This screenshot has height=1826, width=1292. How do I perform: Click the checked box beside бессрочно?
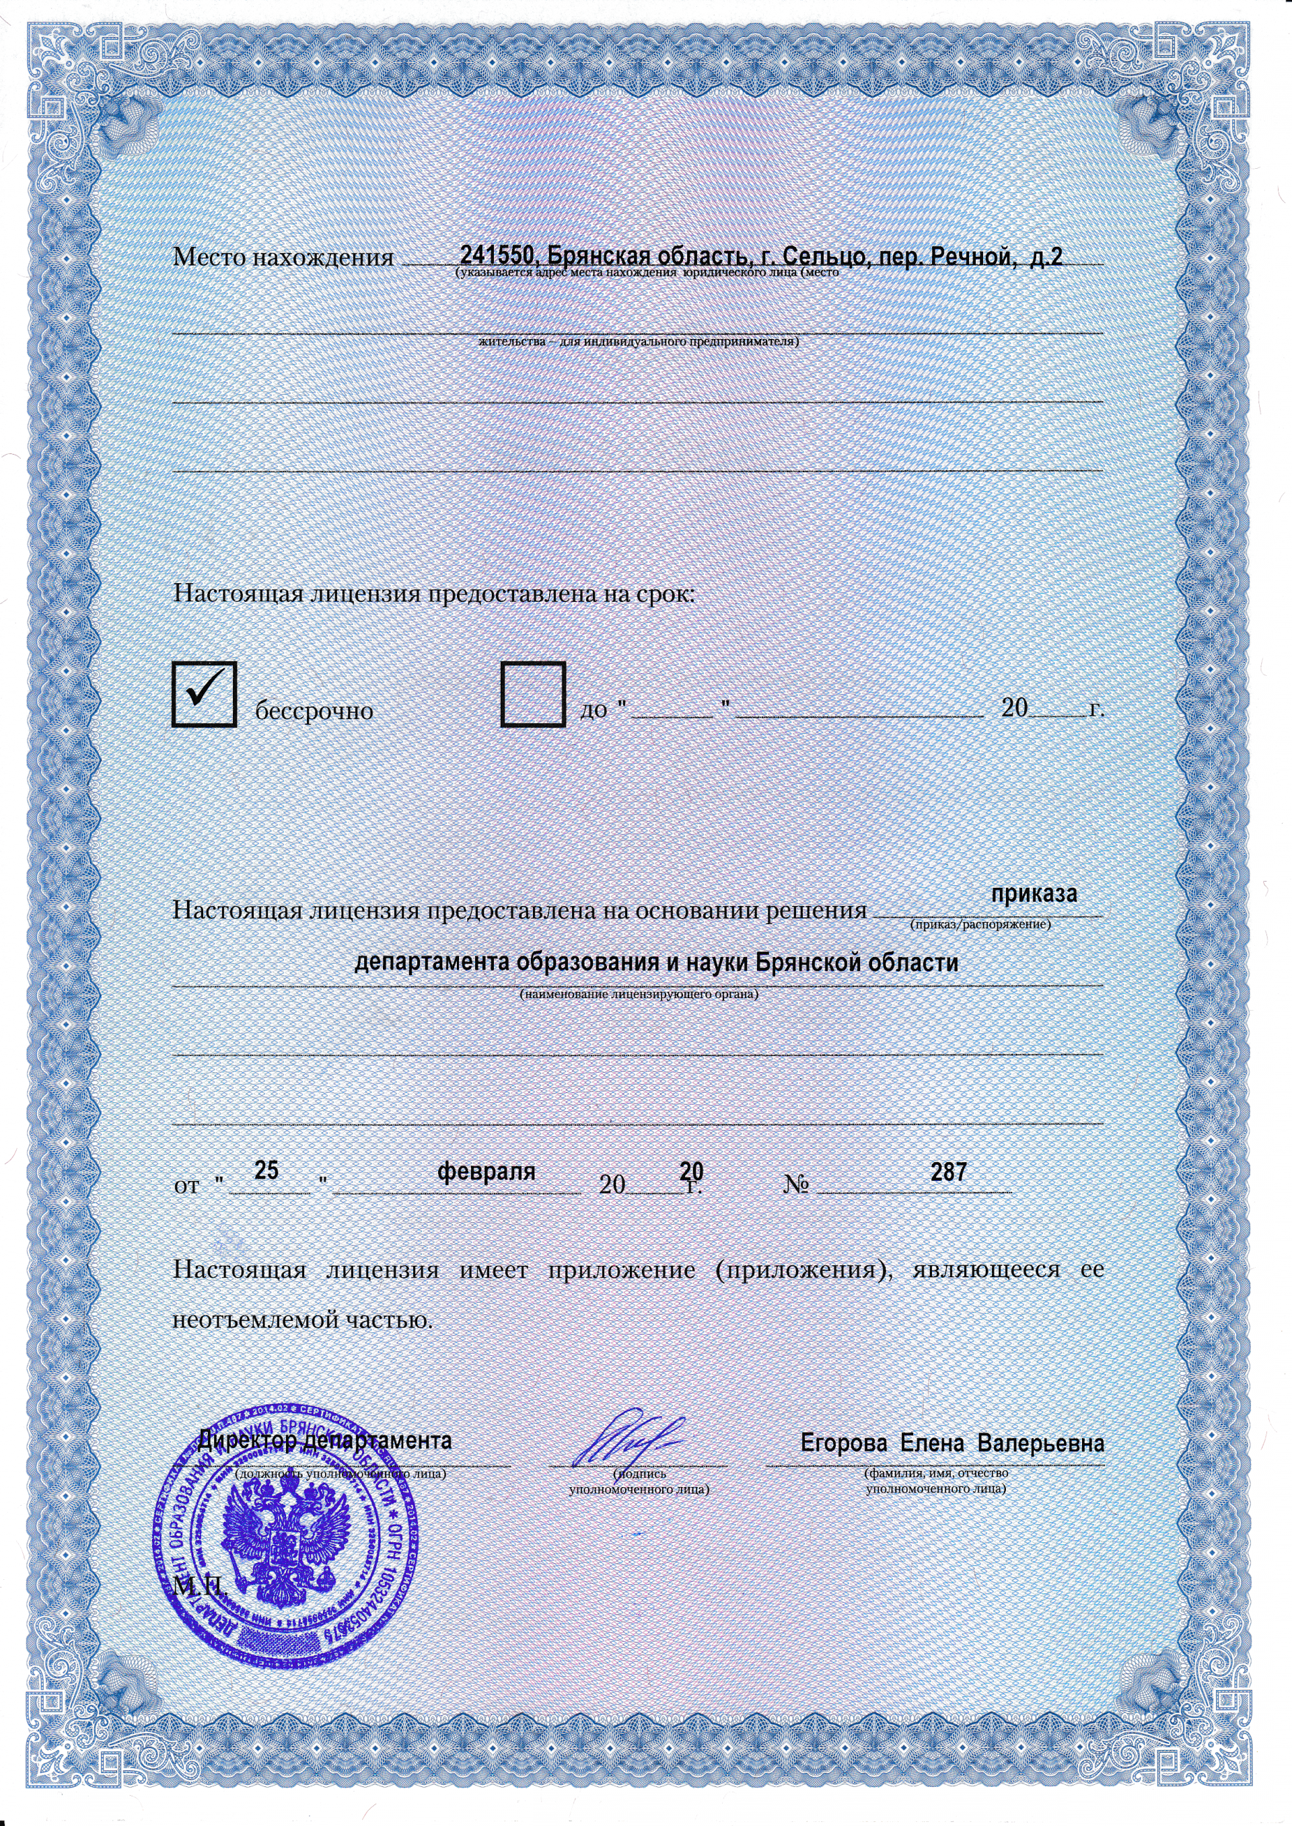tap(204, 693)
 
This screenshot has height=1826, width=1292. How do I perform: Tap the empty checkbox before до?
tap(533, 693)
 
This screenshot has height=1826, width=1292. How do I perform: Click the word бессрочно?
tap(314, 710)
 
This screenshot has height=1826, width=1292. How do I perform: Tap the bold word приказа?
tap(1034, 893)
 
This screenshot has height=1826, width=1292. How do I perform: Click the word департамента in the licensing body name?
tap(433, 963)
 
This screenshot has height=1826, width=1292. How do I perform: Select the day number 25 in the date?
tap(266, 1171)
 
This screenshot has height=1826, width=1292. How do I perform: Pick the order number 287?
tap(948, 1171)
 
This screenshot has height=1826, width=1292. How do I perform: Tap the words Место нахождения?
tap(283, 258)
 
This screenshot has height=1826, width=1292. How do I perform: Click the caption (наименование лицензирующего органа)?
tap(638, 994)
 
